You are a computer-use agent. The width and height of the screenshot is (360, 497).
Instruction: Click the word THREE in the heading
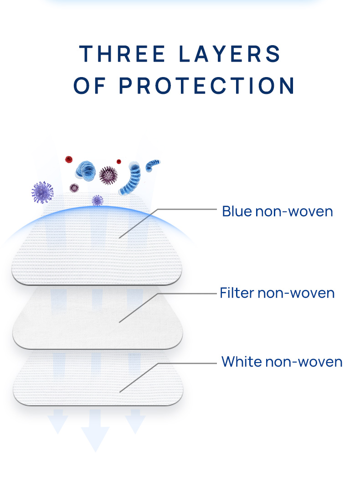(122, 53)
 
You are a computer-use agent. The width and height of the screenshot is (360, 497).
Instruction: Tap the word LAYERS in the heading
(230, 53)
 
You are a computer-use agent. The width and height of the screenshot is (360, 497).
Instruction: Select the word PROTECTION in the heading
(206, 86)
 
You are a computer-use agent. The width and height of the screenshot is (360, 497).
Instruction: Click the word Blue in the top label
(237, 212)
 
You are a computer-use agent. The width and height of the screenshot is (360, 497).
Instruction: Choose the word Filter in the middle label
(237, 293)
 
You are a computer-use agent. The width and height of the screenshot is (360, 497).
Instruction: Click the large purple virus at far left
(42, 192)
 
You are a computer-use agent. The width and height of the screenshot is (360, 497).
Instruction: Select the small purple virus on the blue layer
(97, 200)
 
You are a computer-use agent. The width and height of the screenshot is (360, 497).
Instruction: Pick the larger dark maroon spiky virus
(108, 175)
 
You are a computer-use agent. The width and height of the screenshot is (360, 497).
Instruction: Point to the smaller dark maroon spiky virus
(74, 188)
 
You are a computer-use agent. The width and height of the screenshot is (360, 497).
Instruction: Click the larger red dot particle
(69, 160)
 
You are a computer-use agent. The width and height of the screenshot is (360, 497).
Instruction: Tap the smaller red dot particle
(119, 162)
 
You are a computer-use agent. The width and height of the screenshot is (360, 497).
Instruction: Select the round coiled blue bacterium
(86, 171)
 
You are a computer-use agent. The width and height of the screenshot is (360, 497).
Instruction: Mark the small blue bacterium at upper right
(152, 165)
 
